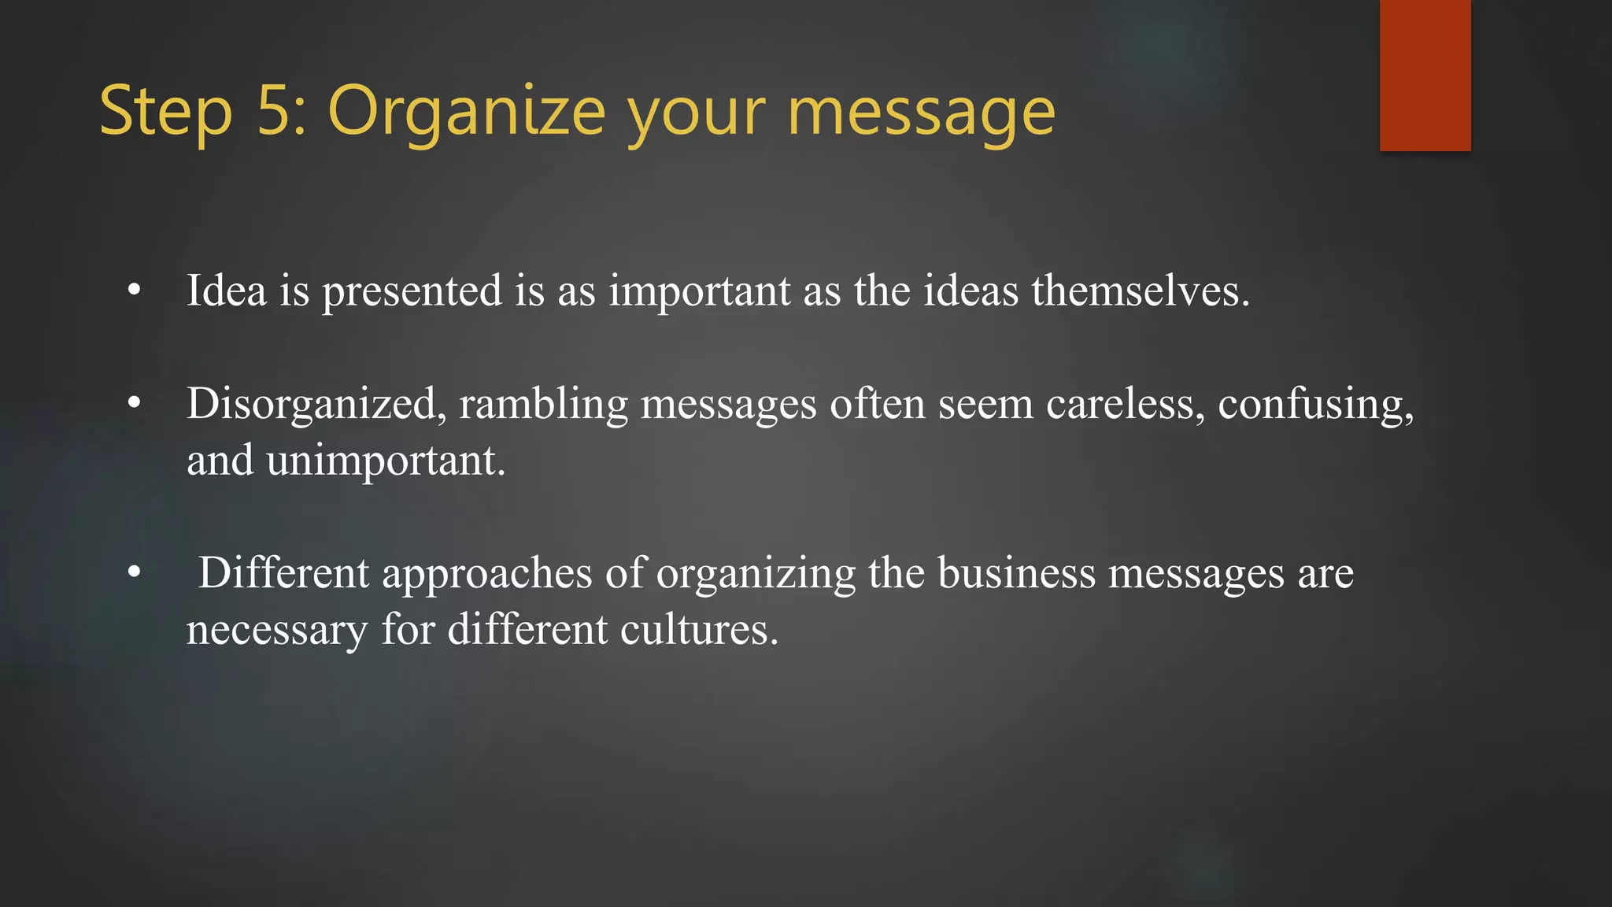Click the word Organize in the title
[x=466, y=113]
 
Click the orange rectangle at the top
[x=1425, y=75]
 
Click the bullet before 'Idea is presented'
[x=135, y=291]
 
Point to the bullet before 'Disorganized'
[x=135, y=404]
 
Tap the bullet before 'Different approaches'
[x=135, y=573]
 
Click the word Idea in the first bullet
[x=227, y=291]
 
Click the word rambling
[x=543, y=404]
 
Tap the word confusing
[x=1315, y=405]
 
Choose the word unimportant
[x=386, y=461]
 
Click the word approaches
[x=486, y=574]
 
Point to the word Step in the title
[x=166, y=113]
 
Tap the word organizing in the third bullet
[x=756, y=574]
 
